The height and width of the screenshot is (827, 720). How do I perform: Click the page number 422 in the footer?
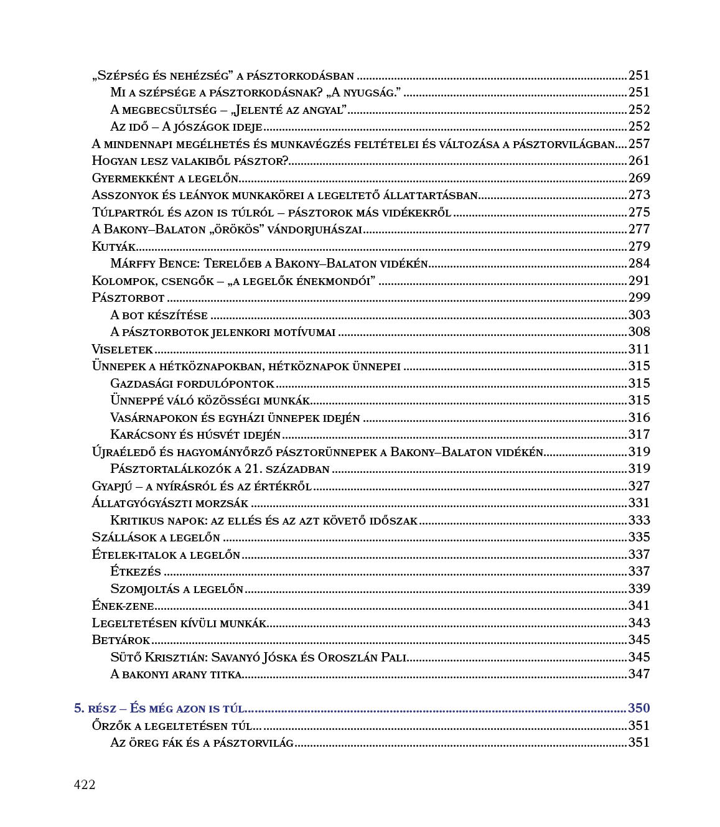click(x=85, y=785)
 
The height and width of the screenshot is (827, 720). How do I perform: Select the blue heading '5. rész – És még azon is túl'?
click(x=159, y=708)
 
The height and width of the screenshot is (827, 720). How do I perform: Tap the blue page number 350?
click(x=638, y=708)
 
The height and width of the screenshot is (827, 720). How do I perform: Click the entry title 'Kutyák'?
click(x=114, y=246)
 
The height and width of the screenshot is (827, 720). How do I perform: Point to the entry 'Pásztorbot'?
click(x=128, y=298)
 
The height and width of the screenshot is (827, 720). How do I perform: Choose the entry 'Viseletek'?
click(x=122, y=349)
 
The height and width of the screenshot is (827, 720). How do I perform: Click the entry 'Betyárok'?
click(x=121, y=640)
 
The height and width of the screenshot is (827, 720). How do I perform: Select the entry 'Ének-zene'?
click(x=123, y=605)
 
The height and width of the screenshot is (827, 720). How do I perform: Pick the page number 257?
click(x=638, y=144)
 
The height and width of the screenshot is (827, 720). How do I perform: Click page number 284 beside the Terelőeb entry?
click(x=638, y=264)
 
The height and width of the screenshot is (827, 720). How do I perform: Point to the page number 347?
click(x=638, y=674)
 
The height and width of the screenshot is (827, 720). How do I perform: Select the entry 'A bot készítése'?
click(x=159, y=315)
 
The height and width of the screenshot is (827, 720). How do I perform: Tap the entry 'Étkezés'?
click(x=136, y=571)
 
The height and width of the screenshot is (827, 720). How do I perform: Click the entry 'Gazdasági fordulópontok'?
click(x=192, y=383)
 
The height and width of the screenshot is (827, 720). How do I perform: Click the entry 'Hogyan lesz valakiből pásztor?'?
click(x=190, y=161)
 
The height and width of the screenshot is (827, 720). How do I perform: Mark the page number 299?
click(x=638, y=298)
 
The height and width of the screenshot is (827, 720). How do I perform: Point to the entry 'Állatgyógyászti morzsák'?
click(x=170, y=503)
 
